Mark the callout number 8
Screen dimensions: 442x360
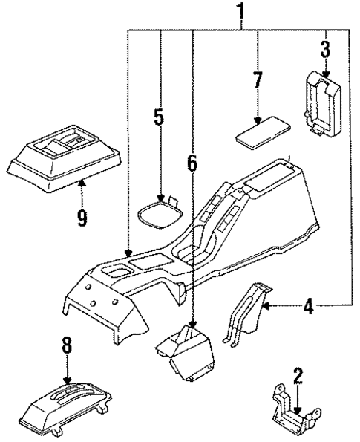click(x=67, y=345)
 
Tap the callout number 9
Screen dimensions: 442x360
click(x=82, y=218)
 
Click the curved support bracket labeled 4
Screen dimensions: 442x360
click(x=245, y=315)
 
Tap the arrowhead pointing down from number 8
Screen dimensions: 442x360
click(x=67, y=377)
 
